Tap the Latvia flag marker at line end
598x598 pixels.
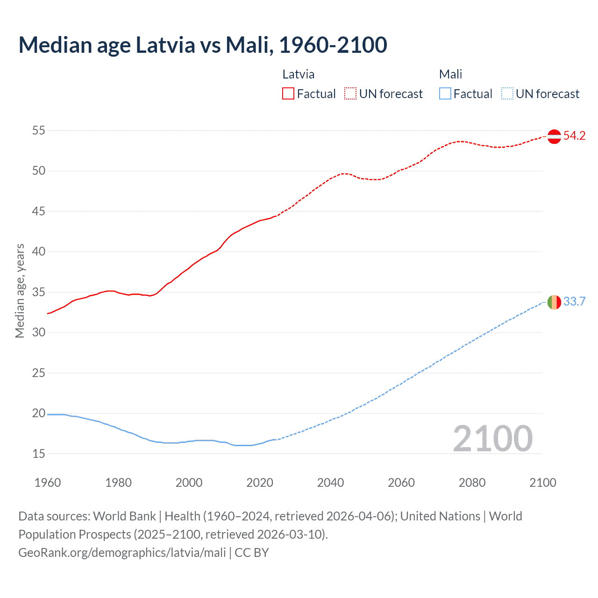click(x=554, y=136)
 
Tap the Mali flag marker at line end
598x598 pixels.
click(x=554, y=302)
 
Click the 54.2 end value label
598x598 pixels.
click(x=574, y=136)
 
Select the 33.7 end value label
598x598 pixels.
click(x=574, y=302)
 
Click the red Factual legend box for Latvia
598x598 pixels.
click(x=288, y=94)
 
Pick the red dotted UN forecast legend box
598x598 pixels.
click(x=350, y=94)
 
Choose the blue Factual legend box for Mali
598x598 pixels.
click(x=445, y=94)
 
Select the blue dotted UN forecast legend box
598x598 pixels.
click(x=507, y=94)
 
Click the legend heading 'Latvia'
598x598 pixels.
click(x=299, y=74)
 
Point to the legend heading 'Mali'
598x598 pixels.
click(x=450, y=74)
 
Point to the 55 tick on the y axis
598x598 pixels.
click(x=39, y=131)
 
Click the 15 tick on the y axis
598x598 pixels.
click(x=39, y=454)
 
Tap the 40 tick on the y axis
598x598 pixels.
click(x=39, y=252)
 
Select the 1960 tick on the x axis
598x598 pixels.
click(x=48, y=483)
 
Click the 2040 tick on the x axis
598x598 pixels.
click(x=330, y=483)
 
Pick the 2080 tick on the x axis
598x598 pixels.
click(x=472, y=483)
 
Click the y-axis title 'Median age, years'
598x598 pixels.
click(x=20, y=291)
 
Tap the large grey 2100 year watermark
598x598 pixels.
click(x=492, y=439)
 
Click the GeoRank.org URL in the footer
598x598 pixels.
click(x=122, y=553)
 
